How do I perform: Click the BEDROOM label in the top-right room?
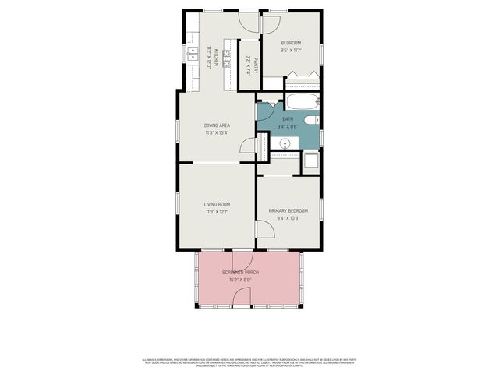[290, 42]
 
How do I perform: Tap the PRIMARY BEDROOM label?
[288, 210]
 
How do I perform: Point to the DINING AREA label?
[217, 125]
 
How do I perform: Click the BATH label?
[288, 118]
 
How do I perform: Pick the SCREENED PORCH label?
[240, 272]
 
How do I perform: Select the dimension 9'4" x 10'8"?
[288, 218]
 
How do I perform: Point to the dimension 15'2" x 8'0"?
[240, 280]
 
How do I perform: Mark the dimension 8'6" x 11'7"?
[290, 51]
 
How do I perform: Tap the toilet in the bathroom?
[310, 119]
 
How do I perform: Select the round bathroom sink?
[285, 143]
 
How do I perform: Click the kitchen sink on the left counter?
[193, 52]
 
